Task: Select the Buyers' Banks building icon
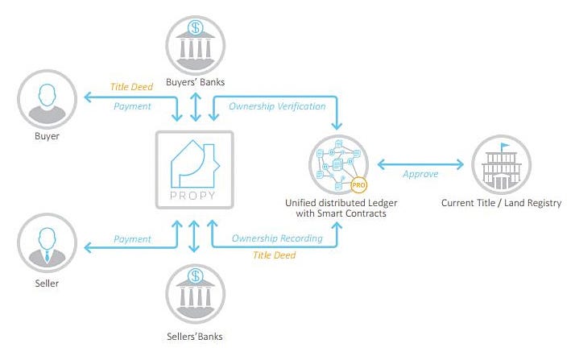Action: point(196,45)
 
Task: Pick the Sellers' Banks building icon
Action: point(196,294)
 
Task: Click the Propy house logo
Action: point(195,164)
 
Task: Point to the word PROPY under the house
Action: point(193,196)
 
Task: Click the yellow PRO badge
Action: point(358,185)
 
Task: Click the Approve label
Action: point(420,174)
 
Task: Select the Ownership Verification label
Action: point(277,106)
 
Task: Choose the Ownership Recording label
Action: point(277,238)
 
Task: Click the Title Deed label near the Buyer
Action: point(131,87)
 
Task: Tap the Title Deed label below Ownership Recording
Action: point(275,255)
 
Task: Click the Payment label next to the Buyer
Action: point(132,106)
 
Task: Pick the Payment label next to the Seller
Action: point(132,239)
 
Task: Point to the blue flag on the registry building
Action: point(506,146)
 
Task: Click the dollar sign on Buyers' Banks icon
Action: point(196,27)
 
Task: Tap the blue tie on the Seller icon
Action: point(47,256)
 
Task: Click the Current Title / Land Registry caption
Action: point(501,203)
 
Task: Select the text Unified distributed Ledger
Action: point(341,203)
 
